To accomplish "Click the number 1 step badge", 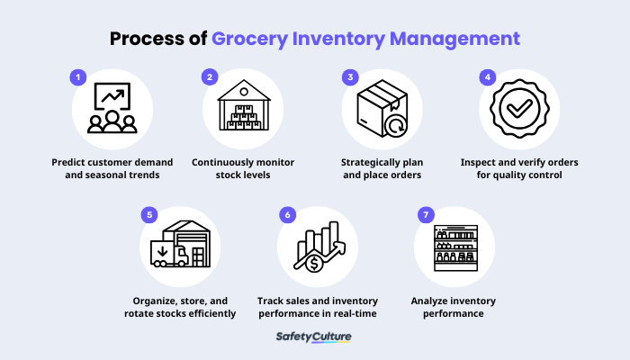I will point(79,78).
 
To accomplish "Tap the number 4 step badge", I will point(487,78).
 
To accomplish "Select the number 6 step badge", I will point(286,216).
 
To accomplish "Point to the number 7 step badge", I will point(422,216).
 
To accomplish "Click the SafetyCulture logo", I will point(315,337).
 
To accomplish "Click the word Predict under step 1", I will point(71,162).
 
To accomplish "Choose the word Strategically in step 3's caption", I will point(370,162).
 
